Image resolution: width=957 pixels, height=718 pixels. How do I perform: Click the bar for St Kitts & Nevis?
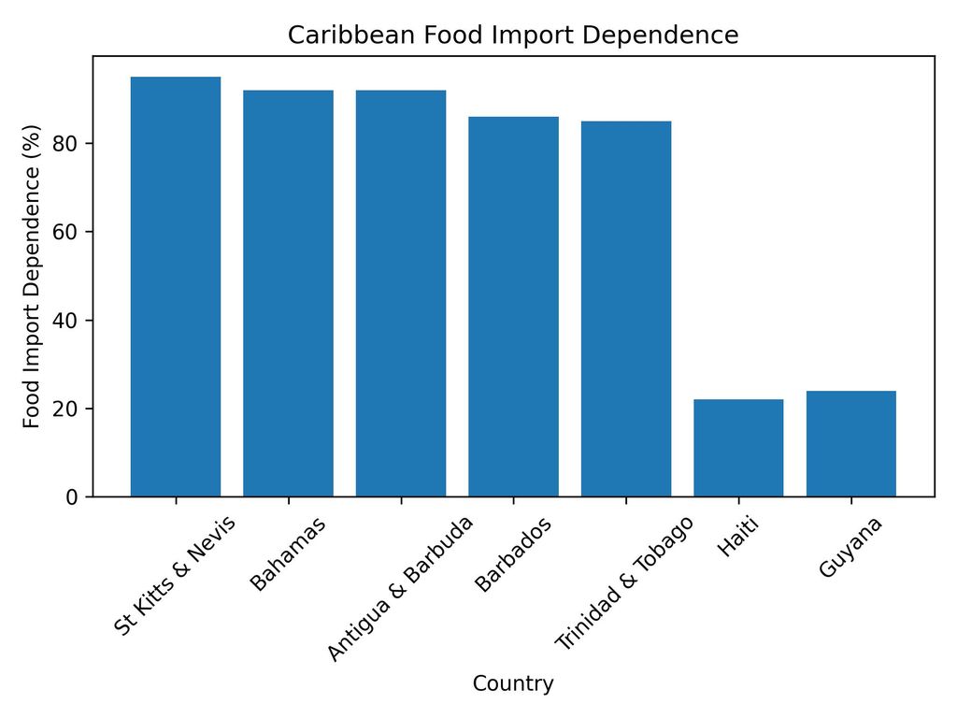176,286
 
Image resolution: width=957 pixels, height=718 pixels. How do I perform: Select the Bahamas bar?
288,293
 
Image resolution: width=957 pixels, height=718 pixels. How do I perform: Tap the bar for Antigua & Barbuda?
401,293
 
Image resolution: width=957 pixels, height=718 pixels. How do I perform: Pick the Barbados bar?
513,306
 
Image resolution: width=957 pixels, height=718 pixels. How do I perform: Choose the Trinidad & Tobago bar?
626,309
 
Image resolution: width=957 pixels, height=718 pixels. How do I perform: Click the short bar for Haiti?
738,448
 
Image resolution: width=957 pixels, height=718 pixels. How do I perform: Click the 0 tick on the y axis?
74,497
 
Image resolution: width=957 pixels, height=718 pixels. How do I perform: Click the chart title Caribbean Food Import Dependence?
513,36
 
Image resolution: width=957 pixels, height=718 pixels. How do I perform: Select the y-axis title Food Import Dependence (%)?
33,276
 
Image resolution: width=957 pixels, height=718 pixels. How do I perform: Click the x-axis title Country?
513,684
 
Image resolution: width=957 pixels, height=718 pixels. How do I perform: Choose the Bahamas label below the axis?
288,553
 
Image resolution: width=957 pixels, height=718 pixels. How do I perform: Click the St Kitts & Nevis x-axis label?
176,575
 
